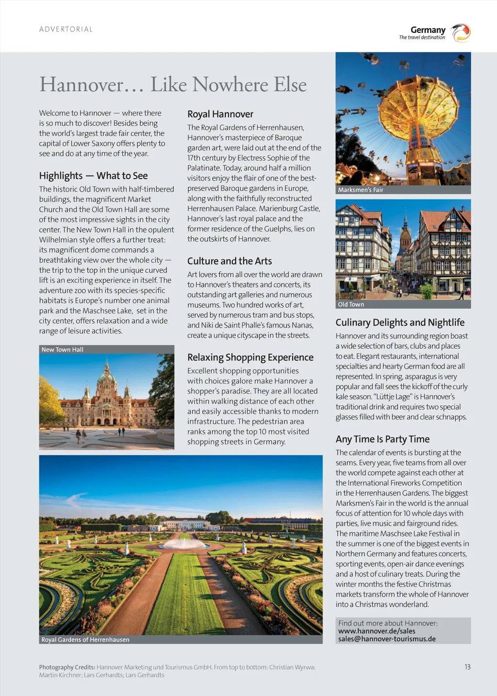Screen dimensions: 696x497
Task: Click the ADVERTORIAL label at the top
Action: pyautogui.click(x=66, y=29)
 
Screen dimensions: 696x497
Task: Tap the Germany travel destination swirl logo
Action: pyautogui.click(x=461, y=33)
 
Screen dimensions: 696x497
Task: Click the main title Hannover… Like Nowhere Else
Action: pyautogui.click(x=173, y=84)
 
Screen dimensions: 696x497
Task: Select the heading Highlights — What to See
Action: pyautogui.click(x=93, y=176)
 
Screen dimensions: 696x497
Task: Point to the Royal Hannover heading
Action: pyautogui.click(x=220, y=114)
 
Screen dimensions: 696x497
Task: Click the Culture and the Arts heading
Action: pyautogui.click(x=230, y=261)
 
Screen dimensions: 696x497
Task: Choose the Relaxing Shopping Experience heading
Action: pyautogui.click(x=250, y=357)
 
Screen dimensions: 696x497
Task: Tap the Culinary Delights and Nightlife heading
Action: pyautogui.click(x=400, y=322)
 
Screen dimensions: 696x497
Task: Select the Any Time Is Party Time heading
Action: pyautogui.click(x=382, y=439)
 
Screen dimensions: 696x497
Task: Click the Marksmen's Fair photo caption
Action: pyautogui.click(x=361, y=190)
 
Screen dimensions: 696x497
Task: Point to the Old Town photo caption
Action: pyautogui.click(x=351, y=304)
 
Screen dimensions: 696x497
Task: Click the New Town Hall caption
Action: pyautogui.click(x=62, y=349)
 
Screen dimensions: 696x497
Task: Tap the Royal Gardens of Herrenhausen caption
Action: pyautogui.click(x=85, y=640)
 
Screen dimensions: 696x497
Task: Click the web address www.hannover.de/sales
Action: pyautogui.click(x=377, y=631)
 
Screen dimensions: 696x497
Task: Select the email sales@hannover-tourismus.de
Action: pyautogui.click(x=387, y=639)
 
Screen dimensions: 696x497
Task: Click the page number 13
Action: pyautogui.click(x=467, y=667)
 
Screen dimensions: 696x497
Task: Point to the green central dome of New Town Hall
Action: pyautogui.click(x=106, y=376)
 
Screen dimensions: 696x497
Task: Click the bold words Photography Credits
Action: pyautogui.click(x=67, y=667)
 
